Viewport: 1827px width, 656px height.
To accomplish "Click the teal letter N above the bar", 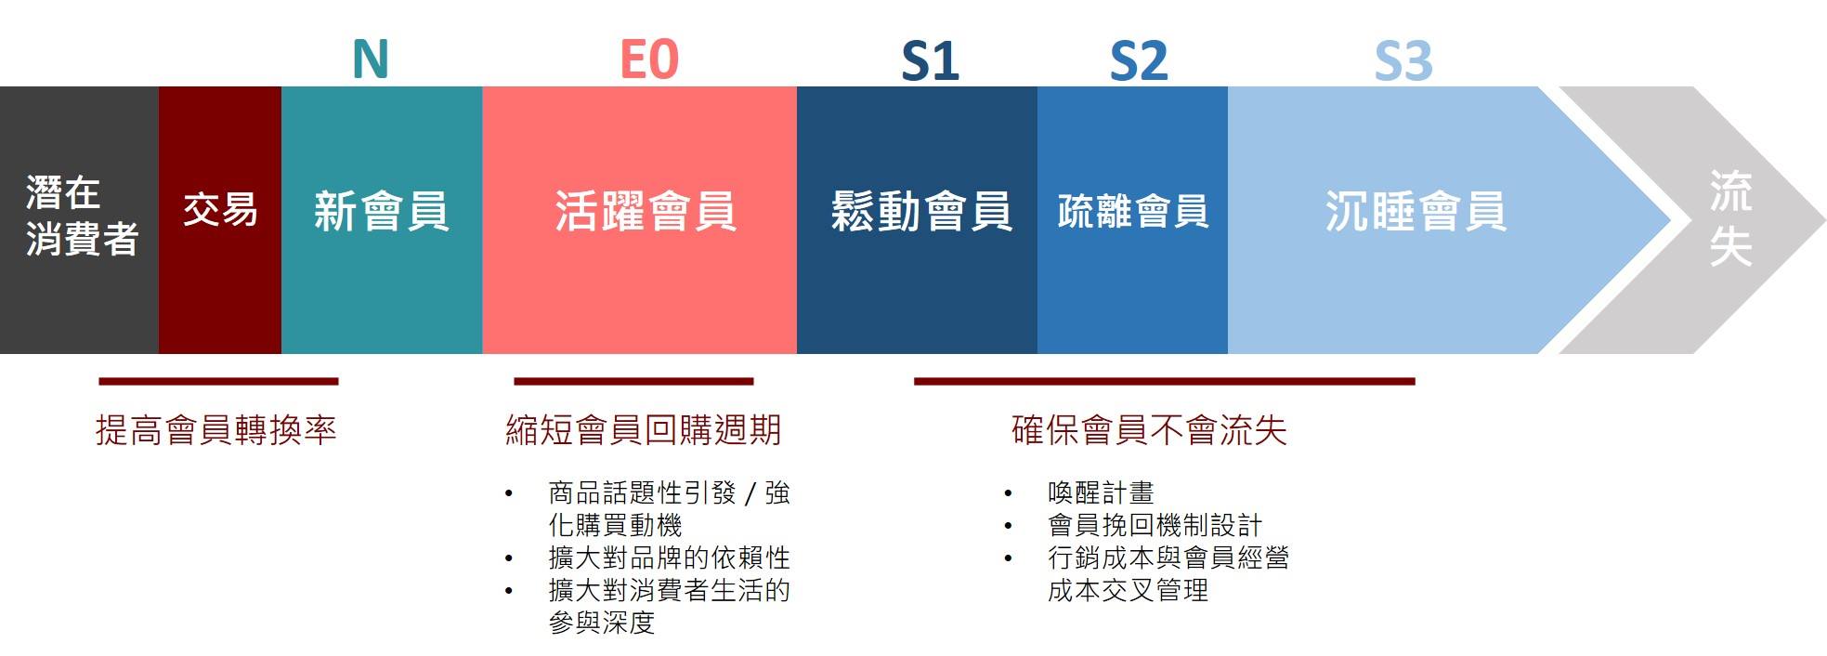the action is tap(370, 59).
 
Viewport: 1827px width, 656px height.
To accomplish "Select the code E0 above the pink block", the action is tap(649, 59).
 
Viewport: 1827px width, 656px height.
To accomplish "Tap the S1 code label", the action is tap(930, 61).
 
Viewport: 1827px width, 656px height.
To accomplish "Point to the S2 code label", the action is tap(1139, 61).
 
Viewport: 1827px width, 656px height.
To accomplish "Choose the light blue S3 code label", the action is tap(1403, 61).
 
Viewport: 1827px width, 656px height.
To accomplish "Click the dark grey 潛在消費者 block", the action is tap(80, 220).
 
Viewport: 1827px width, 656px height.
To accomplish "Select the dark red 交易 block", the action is tap(220, 220).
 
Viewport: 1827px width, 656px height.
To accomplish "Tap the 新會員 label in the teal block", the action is tap(382, 211).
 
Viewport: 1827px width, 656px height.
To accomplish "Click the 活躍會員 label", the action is tap(646, 211).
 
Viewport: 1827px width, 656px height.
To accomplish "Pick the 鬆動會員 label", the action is tap(920, 211).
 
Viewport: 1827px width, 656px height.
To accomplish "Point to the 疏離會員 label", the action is tap(1133, 211).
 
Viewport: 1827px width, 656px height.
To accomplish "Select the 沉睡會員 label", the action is tap(1416, 211).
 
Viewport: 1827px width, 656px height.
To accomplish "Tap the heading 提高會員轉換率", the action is tap(215, 430).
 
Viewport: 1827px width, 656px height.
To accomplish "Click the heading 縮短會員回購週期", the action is tap(644, 430).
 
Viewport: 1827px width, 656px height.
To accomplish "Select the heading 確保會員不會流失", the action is tap(1149, 430).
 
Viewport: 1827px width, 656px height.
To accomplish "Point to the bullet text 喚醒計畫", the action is tap(1101, 492).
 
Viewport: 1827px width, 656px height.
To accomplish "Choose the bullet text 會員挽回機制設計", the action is tap(1155, 525).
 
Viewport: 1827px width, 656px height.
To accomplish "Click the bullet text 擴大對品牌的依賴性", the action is tap(669, 558).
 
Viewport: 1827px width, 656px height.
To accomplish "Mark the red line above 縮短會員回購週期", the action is tap(633, 381).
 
